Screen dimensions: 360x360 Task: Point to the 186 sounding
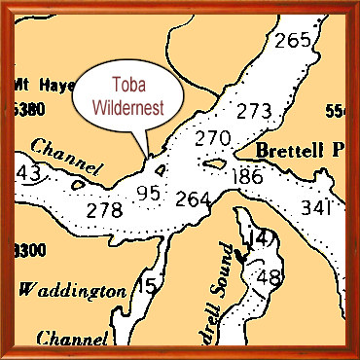(248, 176)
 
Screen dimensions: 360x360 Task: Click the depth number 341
(317, 208)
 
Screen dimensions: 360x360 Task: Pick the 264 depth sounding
(194, 200)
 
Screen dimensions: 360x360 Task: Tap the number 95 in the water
(148, 194)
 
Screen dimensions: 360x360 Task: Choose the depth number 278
(104, 209)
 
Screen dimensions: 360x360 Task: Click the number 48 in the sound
(268, 276)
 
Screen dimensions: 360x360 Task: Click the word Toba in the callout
(124, 83)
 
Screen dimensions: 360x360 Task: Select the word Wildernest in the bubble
(124, 104)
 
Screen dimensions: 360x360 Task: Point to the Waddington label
(73, 290)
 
